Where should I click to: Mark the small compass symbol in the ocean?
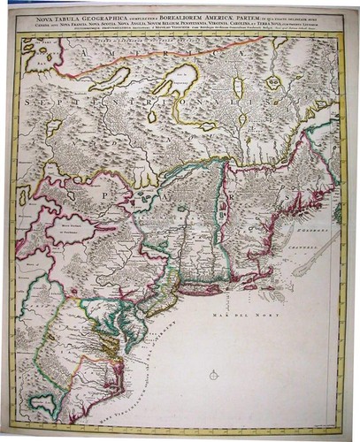[x=213, y=375]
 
